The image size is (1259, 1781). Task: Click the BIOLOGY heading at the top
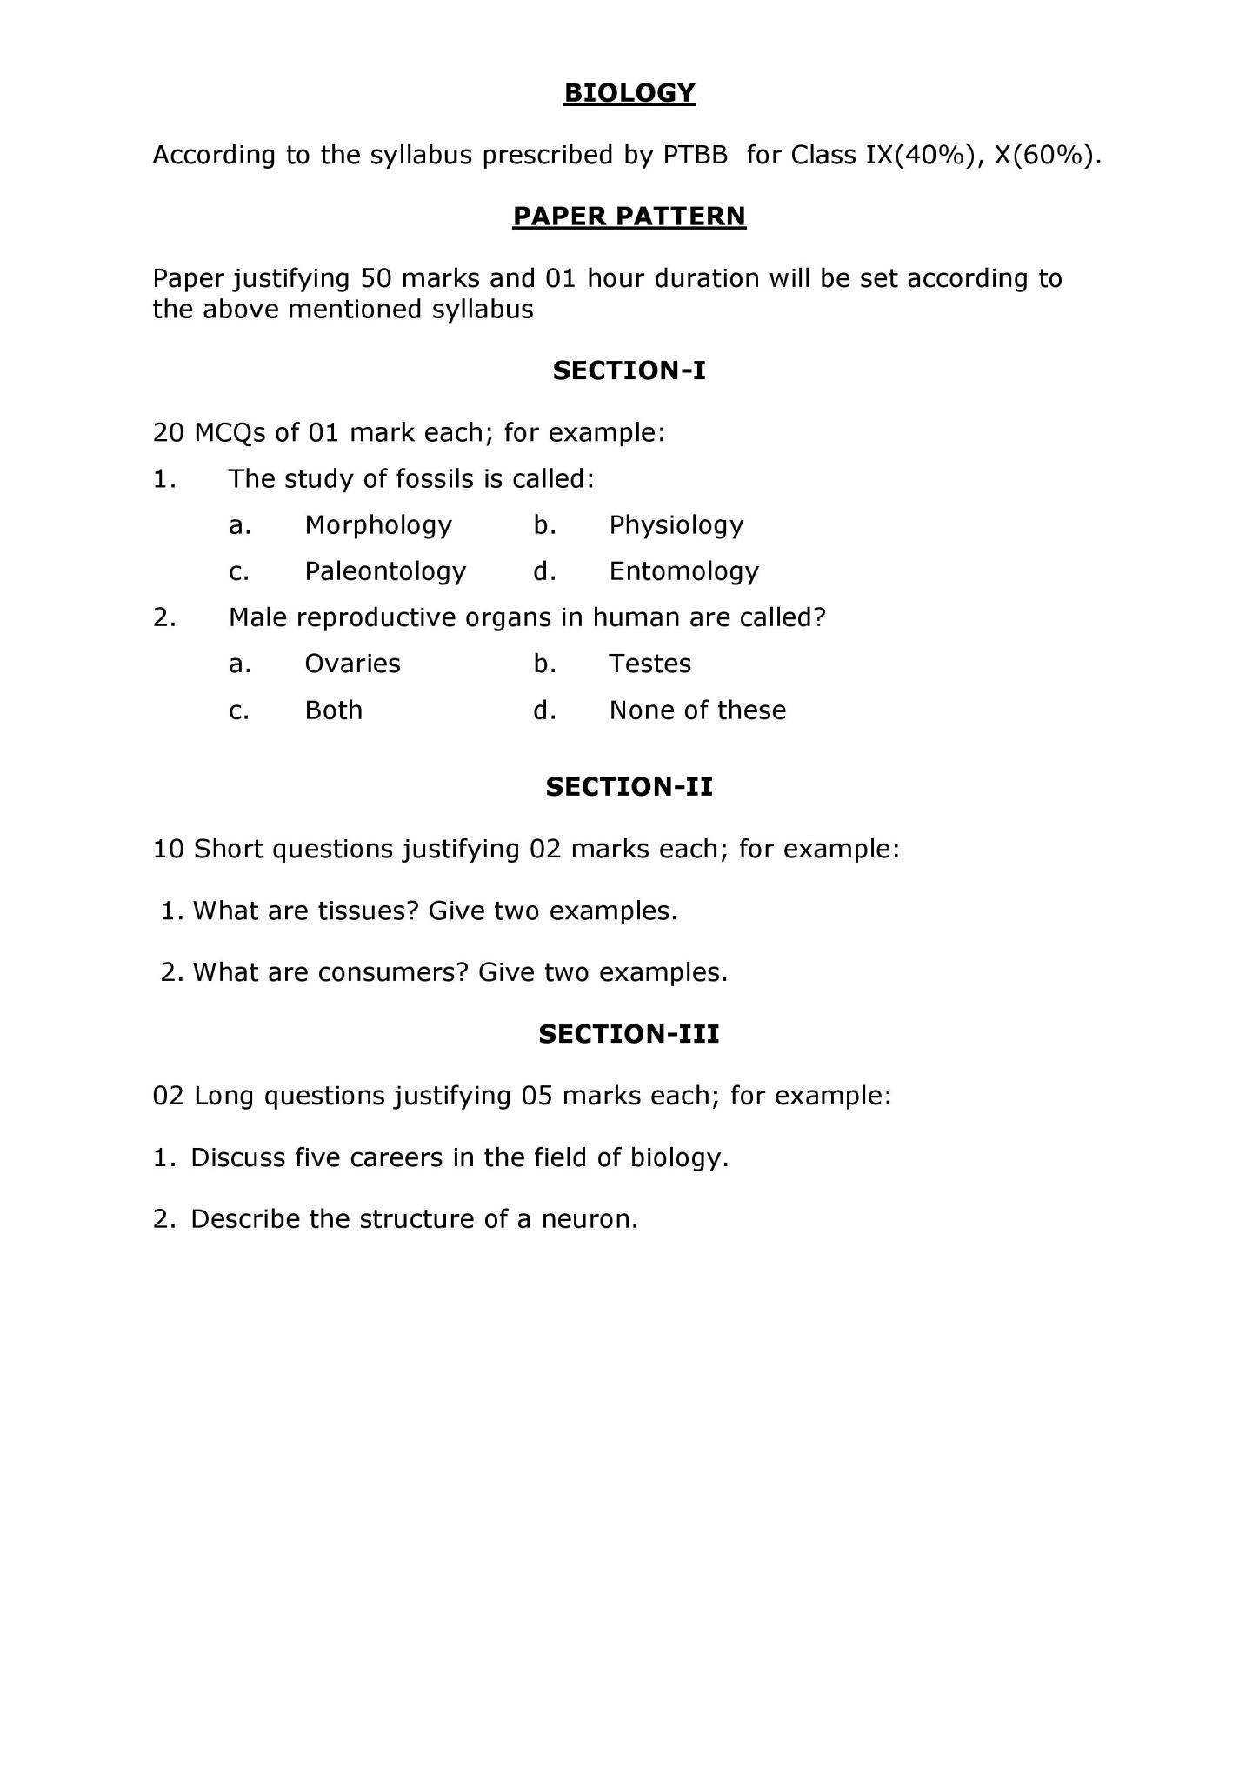tap(629, 92)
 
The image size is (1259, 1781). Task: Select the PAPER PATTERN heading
tap(629, 216)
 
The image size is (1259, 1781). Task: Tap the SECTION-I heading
tap(629, 370)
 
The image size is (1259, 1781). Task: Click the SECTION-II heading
tap(629, 786)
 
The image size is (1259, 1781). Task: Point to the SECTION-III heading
tap(629, 1033)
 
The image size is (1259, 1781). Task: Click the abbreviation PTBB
tap(695, 155)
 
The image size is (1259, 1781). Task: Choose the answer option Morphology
tap(378, 525)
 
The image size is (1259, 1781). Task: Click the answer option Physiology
tap(676, 525)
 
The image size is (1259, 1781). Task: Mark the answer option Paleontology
tap(385, 571)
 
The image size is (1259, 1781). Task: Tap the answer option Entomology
tap(684, 571)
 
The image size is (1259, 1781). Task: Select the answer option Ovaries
tap(352, 664)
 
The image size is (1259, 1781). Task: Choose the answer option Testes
tap(650, 664)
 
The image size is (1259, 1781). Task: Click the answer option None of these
tap(697, 710)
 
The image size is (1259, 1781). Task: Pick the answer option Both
tap(334, 710)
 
